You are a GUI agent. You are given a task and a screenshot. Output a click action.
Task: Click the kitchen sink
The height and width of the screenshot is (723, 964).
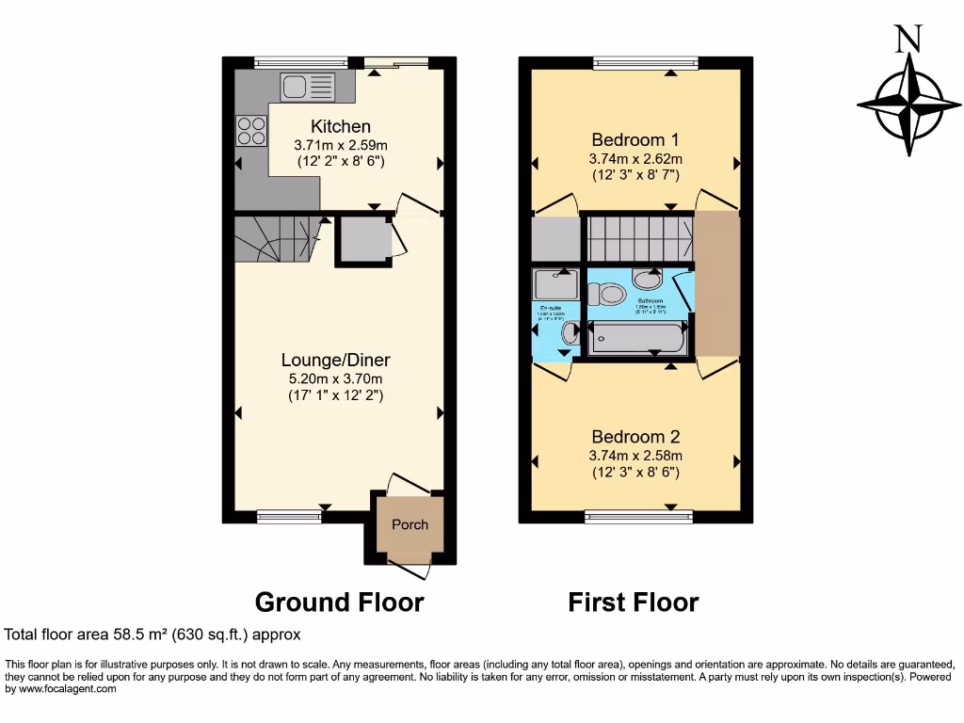coord(307,87)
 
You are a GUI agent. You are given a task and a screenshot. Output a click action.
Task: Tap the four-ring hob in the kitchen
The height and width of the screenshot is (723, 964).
coord(251,129)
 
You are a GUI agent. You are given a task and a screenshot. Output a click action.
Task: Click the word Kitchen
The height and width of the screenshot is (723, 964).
coord(341,126)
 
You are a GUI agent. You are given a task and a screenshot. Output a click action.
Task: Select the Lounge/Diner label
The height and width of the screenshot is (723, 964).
coord(335,360)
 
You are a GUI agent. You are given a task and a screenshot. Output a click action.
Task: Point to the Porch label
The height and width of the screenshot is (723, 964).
coord(410,524)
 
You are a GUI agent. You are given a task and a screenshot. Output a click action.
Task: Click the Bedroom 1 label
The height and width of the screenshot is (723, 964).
coord(635,140)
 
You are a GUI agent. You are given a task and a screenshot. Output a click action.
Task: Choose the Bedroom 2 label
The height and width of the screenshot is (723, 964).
coord(635,437)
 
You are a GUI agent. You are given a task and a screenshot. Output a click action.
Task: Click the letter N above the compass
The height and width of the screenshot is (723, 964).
coord(908,39)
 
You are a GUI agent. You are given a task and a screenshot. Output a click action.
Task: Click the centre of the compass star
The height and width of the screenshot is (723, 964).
coord(909,104)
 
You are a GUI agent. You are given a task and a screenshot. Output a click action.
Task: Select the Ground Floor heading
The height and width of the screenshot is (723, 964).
coord(339,602)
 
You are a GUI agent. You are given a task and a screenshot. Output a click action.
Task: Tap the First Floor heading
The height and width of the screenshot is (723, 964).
coord(633,602)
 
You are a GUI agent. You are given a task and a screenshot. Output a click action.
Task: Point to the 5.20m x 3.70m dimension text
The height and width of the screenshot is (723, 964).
coord(335,378)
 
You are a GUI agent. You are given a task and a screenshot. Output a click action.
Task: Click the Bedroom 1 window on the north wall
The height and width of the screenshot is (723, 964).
coord(645,63)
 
